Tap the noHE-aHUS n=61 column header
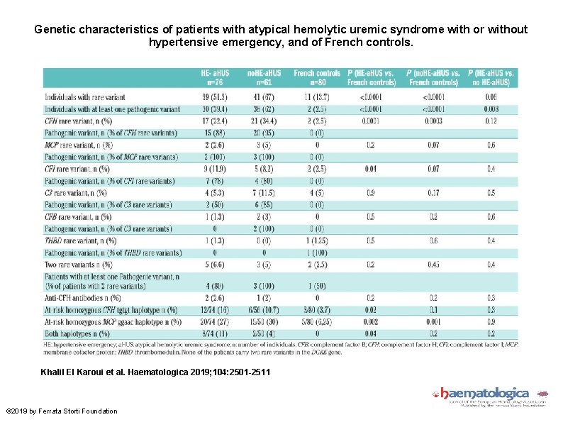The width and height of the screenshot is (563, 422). pos(263,77)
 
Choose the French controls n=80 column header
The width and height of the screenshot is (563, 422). pos(317,77)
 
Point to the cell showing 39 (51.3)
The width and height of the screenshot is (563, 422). pos(214,97)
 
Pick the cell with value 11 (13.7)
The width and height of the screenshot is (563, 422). pos(317,97)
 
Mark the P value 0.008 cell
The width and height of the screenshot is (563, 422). pos(491,109)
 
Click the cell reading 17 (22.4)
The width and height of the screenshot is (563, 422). pos(214,121)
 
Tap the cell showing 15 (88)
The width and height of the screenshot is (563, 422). pos(214,133)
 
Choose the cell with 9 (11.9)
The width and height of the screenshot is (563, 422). pos(214,169)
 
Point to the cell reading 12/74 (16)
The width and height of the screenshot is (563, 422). pos(214,310)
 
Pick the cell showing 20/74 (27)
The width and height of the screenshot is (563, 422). pos(214,322)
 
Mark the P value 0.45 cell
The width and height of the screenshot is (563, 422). pos(433,265)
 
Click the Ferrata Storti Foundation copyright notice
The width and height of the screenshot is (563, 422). pos(61,411)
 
